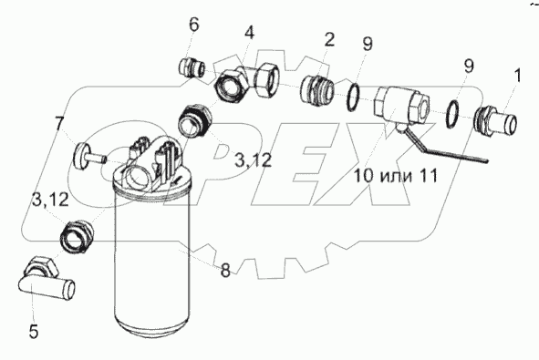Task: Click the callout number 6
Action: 194,25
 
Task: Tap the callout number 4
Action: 250,34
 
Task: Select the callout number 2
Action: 329,40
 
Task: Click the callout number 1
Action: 518,76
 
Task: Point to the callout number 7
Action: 59,124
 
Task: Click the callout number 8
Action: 225,271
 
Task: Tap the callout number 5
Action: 34,332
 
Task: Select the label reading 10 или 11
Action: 396,176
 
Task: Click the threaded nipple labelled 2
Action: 317,91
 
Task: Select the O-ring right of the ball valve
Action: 452,114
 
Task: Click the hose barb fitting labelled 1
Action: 495,121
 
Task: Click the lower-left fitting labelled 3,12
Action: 77,236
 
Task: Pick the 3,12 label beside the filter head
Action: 253,160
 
